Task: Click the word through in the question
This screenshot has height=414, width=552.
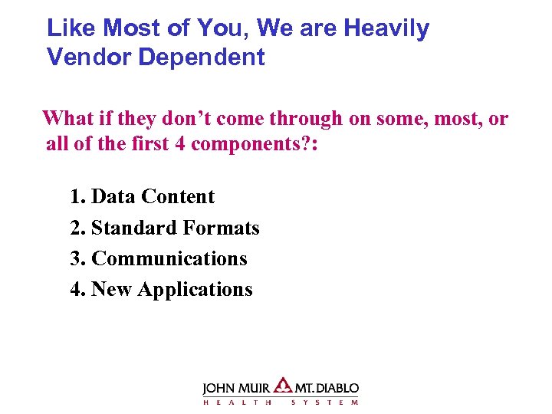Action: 306,119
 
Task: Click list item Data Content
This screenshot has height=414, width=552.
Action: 153,197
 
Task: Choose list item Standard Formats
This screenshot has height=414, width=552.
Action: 175,228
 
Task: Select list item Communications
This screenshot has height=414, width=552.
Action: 169,259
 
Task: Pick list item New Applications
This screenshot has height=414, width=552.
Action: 171,290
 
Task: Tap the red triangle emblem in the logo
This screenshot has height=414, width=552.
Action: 283,385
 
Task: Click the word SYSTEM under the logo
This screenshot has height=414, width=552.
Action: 324,402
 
